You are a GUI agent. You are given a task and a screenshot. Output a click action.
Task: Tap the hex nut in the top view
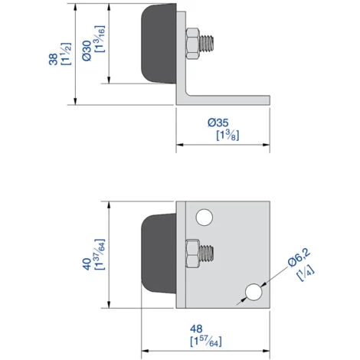click(194, 43)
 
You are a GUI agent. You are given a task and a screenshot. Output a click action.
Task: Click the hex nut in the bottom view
click(194, 253)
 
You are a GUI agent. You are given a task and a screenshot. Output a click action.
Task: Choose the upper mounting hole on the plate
click(204, 218)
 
